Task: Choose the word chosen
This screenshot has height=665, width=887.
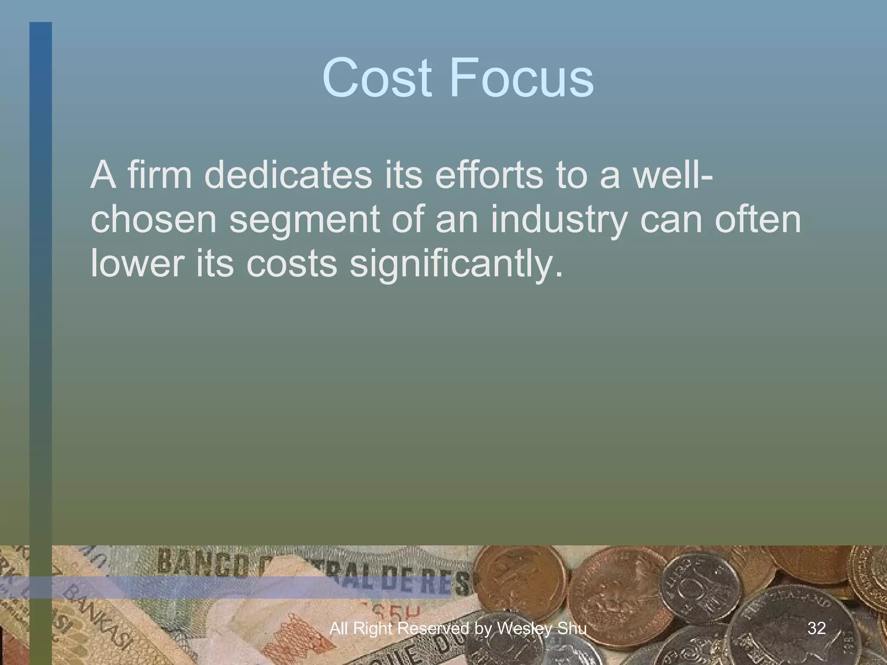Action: pos(153,220)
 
